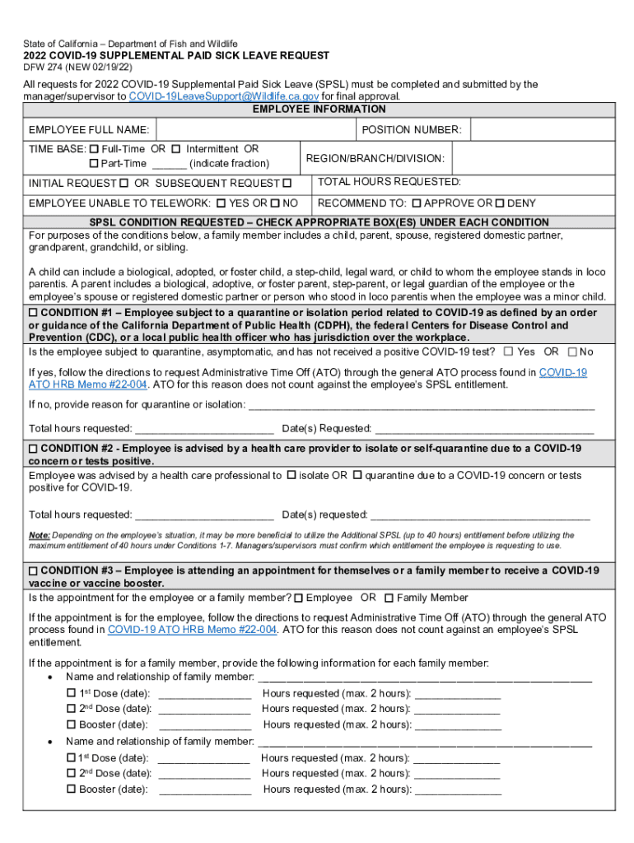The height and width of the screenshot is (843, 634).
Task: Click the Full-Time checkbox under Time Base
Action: [93, 149]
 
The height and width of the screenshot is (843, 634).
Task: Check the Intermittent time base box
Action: [175, 149]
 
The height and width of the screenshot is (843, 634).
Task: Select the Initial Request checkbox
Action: [124, 183]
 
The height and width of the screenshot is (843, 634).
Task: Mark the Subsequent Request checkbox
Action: [287, 183]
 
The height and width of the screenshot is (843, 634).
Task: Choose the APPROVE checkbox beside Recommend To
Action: [417, 203]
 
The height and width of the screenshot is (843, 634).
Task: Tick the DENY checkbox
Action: [500, 203]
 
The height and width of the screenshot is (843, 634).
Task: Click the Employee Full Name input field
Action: [254, 130]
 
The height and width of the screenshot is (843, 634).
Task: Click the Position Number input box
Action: [543, 130]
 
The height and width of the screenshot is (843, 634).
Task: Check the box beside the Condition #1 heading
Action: [33, 314]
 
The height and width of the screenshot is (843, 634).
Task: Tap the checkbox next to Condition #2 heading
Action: [33, 449]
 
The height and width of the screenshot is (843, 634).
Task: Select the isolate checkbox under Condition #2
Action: [291, 475]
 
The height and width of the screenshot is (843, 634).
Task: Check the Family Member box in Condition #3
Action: [389, 598]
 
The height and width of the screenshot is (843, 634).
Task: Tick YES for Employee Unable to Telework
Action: [221, 203]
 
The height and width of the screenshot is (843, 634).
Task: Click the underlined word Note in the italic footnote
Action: [39, 535]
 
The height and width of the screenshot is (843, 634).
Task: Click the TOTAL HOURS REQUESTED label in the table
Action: [389, 182]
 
